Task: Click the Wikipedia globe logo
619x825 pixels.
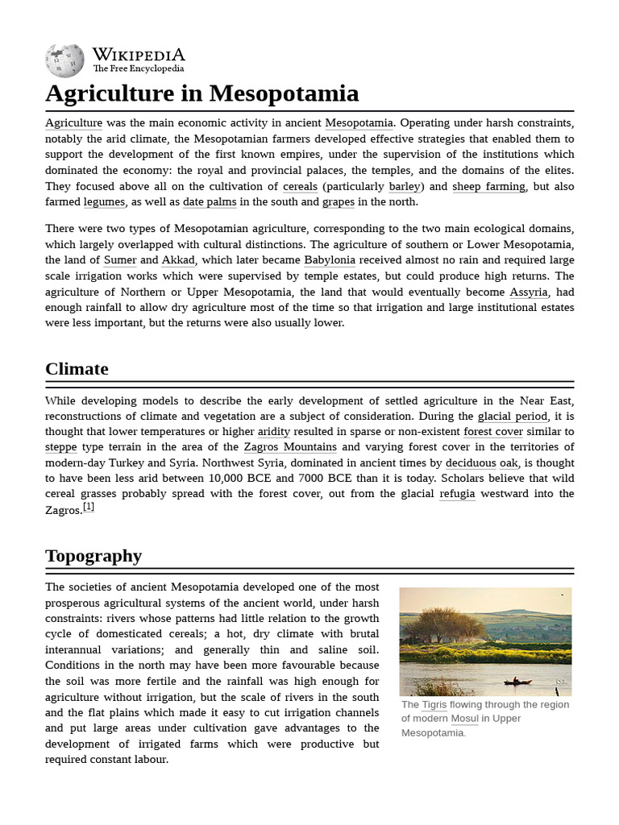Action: coord(64,60)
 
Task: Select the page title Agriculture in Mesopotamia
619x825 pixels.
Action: coord(201,93)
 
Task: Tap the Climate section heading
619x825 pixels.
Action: coord(77,369)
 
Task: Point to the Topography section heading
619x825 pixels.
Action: coord(93,556)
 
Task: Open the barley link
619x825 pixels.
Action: coord(405,186)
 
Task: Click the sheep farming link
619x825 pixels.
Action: coord(488,186)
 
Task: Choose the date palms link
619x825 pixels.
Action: coord(209,202)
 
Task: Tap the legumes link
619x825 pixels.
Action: coord(104,202)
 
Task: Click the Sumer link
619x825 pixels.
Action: coord(120,260)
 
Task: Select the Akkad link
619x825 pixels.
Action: coord(178,260)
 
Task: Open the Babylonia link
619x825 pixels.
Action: coord(330,260)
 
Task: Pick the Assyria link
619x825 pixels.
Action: coord(528,292)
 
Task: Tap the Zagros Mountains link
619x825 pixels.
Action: coord(290,447)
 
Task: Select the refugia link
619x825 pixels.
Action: coord(457,494)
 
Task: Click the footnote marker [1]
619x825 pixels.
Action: coord(89,507)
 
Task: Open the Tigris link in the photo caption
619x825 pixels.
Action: coord(434,705)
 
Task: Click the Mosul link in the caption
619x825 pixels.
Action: coord(464,719)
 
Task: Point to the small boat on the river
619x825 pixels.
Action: coord(517,682)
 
